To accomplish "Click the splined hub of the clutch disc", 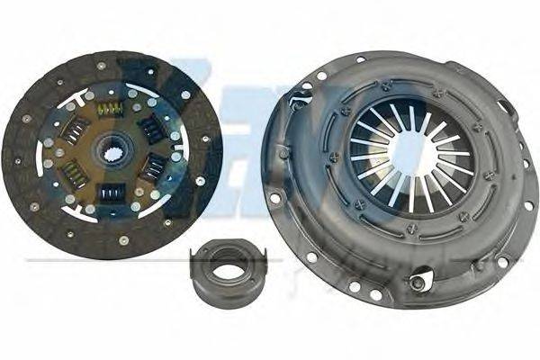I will click(x=115, y=147).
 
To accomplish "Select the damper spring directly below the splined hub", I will click(x=112, y=192).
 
